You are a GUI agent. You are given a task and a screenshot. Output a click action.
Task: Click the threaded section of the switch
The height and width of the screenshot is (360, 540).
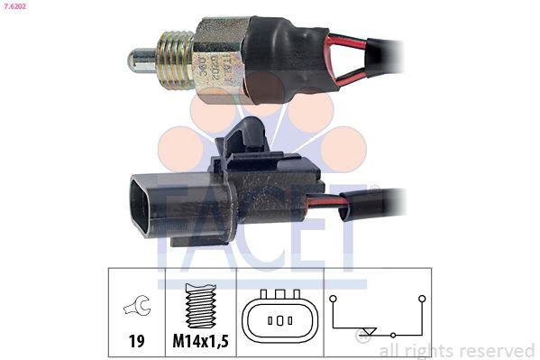click(x=176, y=59)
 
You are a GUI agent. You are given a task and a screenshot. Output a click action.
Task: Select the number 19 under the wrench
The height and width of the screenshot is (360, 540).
click(x=135, y=342)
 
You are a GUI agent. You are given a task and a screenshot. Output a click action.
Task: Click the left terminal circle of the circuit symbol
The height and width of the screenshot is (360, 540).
click(x=333, y=298)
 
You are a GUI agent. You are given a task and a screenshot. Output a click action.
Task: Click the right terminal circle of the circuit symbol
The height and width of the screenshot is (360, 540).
click(x=421, y=298)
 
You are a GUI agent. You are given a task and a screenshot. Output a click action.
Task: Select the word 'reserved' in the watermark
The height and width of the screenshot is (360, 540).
click(x=495, y=350)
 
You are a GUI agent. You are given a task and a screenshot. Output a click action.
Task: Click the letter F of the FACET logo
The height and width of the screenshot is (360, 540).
click(x=175, y=221)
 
